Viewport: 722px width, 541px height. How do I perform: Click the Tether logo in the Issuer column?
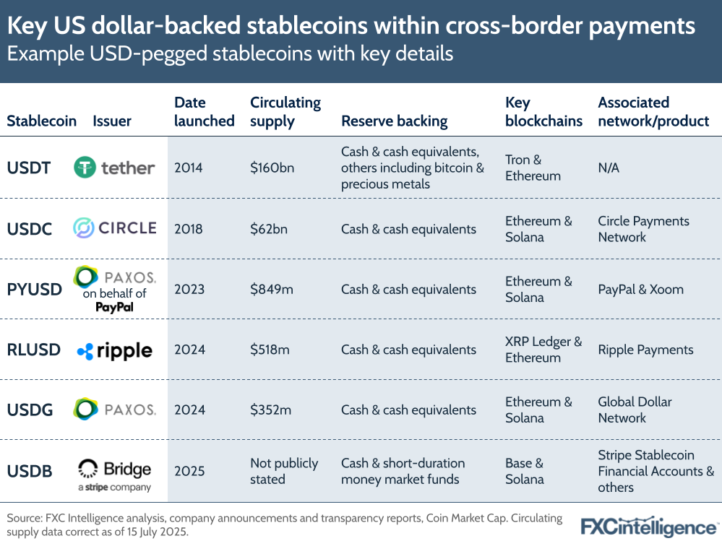[114, 168]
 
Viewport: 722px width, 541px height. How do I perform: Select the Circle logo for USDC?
[114, 228]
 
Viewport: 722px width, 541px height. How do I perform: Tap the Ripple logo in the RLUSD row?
[114, 350]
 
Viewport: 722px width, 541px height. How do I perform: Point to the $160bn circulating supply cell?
[272, 168]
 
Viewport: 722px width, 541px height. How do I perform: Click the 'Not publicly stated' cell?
[284, 471]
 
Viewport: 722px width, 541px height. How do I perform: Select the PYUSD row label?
[34, 289]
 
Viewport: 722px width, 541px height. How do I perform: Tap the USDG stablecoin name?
[30, 410]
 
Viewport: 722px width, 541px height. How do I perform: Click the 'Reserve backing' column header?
[394, 121]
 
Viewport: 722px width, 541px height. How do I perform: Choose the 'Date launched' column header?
[204, 112]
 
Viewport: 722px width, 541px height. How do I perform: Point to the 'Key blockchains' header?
[543, 112]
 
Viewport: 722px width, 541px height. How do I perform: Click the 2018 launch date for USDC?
[189, 229]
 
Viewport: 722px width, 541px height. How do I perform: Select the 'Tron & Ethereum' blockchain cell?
[533, 168]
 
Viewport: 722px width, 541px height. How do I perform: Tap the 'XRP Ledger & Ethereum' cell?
[543, 350]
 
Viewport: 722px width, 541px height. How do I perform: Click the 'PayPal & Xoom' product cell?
[640, 289]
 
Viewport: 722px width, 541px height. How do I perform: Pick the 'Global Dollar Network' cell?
[635, 410]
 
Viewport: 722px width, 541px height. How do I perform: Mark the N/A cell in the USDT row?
[609, 168]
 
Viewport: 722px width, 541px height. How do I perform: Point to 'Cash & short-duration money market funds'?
[403, 471]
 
